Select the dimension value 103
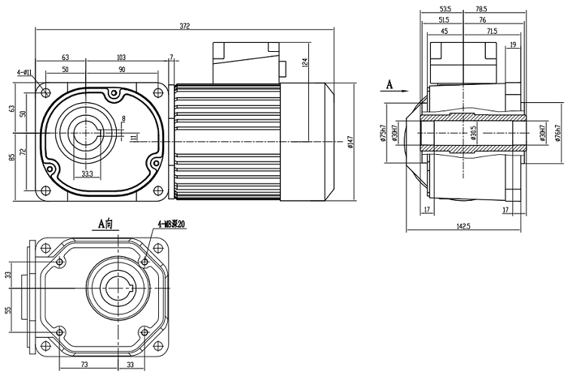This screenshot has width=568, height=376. click(121, 57)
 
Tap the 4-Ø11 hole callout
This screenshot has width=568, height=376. click(24, 73)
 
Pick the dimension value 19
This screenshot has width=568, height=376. click(513, 45)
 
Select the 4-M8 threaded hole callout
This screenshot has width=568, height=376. click(169, 223)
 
